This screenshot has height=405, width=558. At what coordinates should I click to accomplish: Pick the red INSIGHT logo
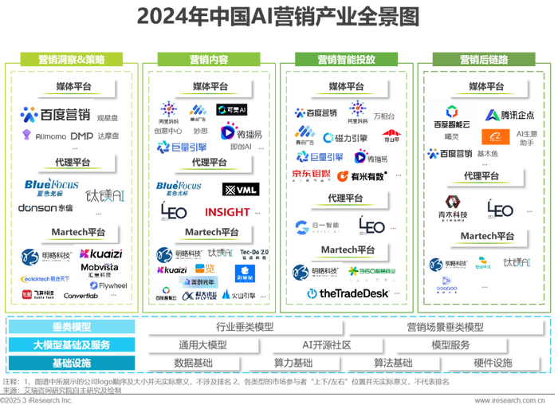227,212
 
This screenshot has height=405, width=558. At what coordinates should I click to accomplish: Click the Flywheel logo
108,285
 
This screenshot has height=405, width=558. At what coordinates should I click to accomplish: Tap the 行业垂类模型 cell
244,327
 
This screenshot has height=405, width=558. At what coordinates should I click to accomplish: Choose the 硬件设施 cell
493,363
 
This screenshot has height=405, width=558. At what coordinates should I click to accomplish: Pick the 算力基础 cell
293,363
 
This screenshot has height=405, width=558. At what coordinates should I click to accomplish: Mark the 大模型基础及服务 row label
73,345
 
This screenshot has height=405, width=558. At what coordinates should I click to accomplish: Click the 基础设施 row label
73,363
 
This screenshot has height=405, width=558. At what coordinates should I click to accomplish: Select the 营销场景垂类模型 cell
445,327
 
